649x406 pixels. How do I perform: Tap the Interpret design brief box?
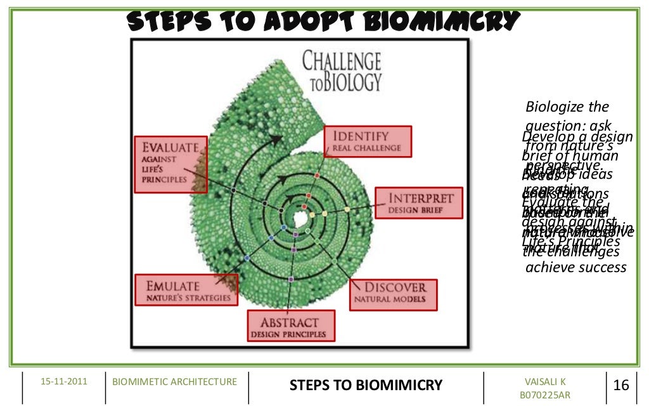(x=414, y=202)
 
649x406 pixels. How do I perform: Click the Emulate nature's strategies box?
(x=186, y=291)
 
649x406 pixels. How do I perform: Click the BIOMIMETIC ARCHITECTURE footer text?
(x=174, y=381)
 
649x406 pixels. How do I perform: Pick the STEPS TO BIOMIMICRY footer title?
(x=366, y=385)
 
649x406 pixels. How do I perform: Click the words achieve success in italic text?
(x=575, y=268)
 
